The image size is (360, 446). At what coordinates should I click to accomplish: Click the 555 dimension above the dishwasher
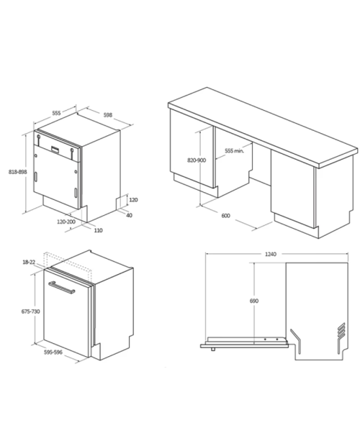pos(56,113)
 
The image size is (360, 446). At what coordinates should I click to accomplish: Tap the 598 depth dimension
pos(108,115)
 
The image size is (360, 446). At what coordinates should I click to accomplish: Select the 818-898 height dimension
pos(18,172)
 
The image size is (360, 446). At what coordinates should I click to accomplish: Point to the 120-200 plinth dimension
pos(66,222)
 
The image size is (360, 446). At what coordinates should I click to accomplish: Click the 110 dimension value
pos(98,230)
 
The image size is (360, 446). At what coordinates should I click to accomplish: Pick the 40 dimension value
pos(129,215)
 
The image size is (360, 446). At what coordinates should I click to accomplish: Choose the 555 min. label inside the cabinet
pos(235,151)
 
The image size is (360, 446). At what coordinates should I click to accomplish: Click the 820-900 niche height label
pos(197,160)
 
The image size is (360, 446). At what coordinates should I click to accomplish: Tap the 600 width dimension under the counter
pos(225,216)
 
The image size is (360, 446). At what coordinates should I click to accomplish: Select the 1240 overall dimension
pos(271,254)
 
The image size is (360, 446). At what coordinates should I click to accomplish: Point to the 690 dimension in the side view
pos(254,301)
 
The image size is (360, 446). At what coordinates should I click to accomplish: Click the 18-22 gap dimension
pos(29,262)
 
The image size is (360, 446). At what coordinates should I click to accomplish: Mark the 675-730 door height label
pos(31,311)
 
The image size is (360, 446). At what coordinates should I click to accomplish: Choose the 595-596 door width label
pos(53,352)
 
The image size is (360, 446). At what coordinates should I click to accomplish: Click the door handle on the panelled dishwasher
pos(62,288)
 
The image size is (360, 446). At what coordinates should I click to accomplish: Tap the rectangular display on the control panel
pos(55,150)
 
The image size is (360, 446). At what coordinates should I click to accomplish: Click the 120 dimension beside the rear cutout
pos(133,200)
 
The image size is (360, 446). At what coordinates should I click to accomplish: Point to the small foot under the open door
pos(213,350)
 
